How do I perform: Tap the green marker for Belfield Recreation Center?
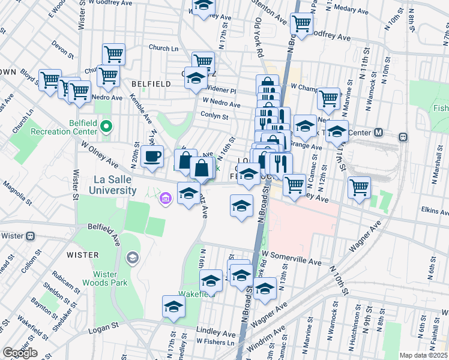(106, 126)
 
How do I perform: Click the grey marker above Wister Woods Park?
(132, 258)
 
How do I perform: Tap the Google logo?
(20, 353)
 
